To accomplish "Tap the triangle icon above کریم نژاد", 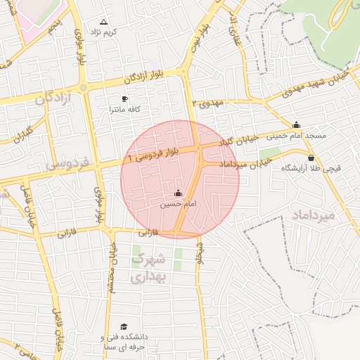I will point(104,22).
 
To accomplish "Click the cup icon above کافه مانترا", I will point(125,99).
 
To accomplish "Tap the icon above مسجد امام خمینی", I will point(296,124).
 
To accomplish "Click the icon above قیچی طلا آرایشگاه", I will point(311,157).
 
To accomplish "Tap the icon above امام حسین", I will point(177,193).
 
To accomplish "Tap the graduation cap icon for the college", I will point(124,327).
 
